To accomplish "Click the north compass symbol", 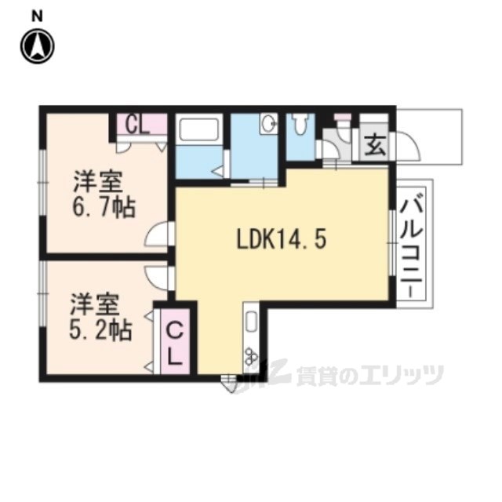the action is pyautogui.click(x=38, y=46).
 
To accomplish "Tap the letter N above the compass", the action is pyautogui.click(x=37, y=16).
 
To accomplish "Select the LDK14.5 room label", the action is pyautogui.click(x=282, y=239).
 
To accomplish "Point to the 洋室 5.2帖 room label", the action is pyautogui.click(x=100, y=316).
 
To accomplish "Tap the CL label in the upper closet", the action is pyautogui.click(x=137, y=125).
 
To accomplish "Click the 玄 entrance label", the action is pyautogui.click(x=375, y=145).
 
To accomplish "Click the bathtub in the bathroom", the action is pyautogui.click(x=199, y=129).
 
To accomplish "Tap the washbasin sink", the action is pyautogui.click(x=269, y=122).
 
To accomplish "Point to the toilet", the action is pyautogui.click(x=300, y=125).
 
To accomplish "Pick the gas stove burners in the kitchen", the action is pyautogui.click(x=251, y=356).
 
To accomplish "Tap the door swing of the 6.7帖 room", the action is pyautogui.click(x=157, y=235).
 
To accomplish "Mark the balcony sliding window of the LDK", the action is pyautogui.click(x=392, y=243).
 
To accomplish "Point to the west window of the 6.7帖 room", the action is pyautogui.click(x=43, y=182).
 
